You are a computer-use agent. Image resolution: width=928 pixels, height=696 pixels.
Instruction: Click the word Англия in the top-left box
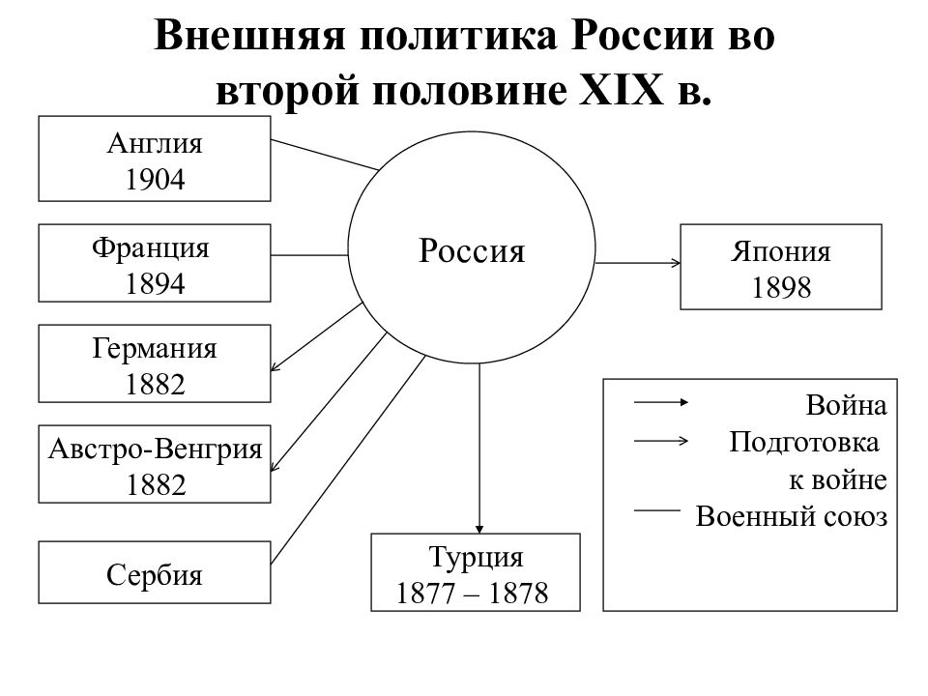[x=155, y=144]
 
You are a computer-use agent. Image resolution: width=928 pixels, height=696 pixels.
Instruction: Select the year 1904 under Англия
[x=155, y=180]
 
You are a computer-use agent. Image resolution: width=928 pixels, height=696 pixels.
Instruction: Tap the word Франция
[x=151, y=248]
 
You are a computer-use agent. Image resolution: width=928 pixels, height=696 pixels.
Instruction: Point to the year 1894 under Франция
[x=155, y=283]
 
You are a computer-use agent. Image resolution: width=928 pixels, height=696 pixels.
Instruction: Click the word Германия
[x=155, y=349]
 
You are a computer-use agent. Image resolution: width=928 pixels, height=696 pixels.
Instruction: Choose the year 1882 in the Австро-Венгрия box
[x=156, y=484]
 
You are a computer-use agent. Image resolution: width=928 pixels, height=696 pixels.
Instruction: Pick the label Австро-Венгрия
[x=155, y=449]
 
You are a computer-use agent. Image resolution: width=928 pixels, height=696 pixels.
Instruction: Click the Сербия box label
[x=155, y=574]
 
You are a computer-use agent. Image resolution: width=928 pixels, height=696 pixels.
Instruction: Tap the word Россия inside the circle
[x=472, y=251]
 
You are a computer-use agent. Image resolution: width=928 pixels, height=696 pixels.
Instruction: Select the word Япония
[x=781, y=252]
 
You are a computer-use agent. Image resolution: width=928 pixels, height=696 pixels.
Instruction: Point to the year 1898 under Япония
[x=781, y=288]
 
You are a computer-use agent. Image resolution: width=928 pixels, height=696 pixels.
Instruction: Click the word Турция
[x=476, y=558]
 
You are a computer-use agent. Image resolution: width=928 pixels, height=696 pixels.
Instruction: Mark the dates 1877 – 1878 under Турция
[x=473, y=593]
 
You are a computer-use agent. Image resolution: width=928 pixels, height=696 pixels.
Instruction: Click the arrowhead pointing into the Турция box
[x=479, y=529]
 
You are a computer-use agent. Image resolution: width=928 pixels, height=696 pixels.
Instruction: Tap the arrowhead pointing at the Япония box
[x=676, y=263]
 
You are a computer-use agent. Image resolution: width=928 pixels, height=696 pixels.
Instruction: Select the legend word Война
[x=847, y=406]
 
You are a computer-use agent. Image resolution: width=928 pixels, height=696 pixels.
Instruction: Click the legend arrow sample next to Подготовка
[x=661, y=441]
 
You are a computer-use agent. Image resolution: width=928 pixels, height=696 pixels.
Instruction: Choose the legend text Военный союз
[x=792, y=516]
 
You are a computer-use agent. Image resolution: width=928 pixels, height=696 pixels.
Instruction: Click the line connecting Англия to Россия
[x=325, y=155]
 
